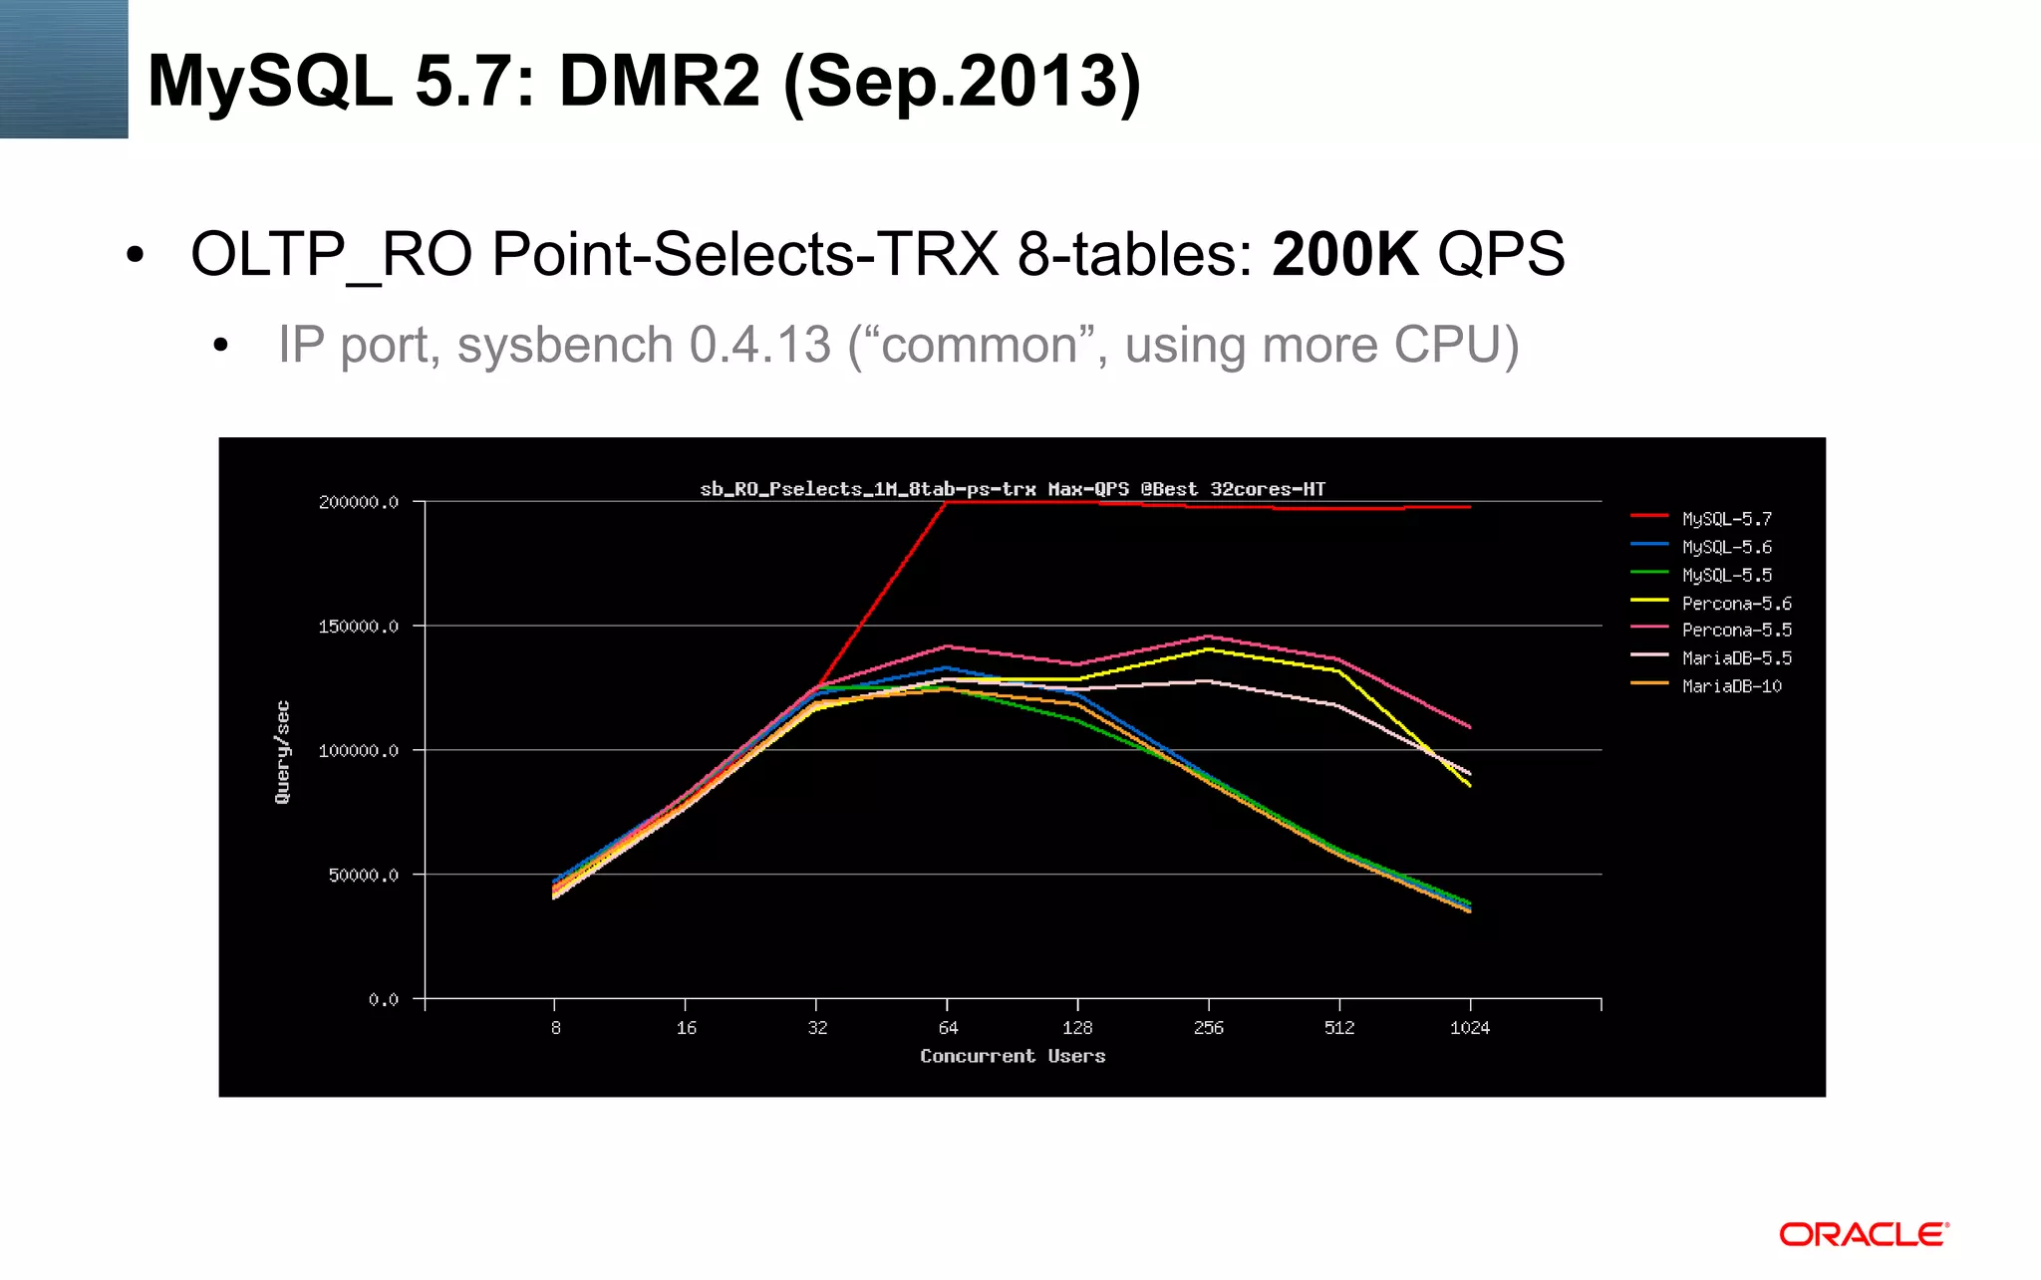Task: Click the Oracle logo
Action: coord(1864,1235)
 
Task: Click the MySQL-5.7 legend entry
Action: coord(1726,519)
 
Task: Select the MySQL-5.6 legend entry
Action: coord(1726,547)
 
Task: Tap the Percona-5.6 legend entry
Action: coord(1736,604)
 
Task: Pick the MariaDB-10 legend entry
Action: coord(1731,686)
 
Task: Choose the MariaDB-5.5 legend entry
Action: coord(1736,658)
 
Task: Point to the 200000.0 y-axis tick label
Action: coord(359,502)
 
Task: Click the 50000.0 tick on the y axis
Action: coord(364,875)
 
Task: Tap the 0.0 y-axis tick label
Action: coord(384,999)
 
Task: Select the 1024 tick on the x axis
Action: coord(1470,1028)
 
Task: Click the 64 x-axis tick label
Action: coord(948,1028)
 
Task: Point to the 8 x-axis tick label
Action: coord(555,1028)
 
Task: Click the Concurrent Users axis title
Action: coord(1013,1056)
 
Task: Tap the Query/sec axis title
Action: coord(283,752)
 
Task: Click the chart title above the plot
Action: coord(1013,489)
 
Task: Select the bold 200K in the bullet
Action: coord(1344,254)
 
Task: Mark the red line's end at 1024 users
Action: coord(1470,507)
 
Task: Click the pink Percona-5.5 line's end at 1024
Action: coord(1470,727)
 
